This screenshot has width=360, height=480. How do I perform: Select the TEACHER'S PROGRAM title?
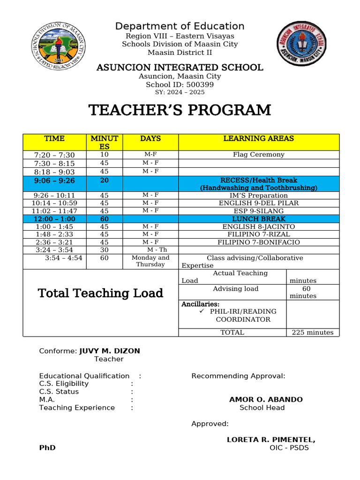tap(180, 110)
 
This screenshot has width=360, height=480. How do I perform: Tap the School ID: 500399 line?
tap(180, 84)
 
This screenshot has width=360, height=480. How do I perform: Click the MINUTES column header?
tap(104, 142)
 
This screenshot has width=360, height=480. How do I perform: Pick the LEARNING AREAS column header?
tap(259, 138)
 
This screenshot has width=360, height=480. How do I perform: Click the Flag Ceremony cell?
tap(259, 155)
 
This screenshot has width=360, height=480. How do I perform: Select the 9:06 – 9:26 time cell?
tap(54, 180)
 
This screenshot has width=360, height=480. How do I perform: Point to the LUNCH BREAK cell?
tap(259, 219)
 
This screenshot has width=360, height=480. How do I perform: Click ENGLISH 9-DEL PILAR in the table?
tap(259, 203)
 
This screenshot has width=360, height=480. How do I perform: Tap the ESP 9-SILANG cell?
tap(259, 211)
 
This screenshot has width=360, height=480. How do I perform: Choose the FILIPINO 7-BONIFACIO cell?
tap(259, 242)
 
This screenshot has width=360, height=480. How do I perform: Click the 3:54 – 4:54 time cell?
tap(63, 258)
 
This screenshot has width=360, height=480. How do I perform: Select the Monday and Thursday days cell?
tap(150, 261)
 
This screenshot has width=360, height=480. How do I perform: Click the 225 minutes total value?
tap(313, 332)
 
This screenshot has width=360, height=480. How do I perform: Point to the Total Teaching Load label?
tap(100, 293)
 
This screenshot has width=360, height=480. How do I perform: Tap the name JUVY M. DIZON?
tap(109, 351)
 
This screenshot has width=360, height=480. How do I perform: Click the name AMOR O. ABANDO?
tap(266, 400)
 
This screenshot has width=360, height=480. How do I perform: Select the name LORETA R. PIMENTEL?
tap(271, 440)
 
